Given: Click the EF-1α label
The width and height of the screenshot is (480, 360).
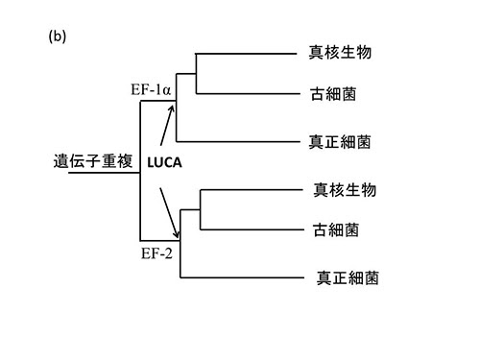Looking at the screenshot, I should point(152,90).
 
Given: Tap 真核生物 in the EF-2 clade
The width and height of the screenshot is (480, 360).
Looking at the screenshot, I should point(345,189).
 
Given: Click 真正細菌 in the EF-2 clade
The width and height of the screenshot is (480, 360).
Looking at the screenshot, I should point(348,278).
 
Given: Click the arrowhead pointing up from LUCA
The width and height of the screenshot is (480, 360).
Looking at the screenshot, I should point(175,109).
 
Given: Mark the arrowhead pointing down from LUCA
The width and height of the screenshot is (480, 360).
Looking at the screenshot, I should point(177,233).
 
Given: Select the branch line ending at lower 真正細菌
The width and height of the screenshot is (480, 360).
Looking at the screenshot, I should point(240,278).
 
